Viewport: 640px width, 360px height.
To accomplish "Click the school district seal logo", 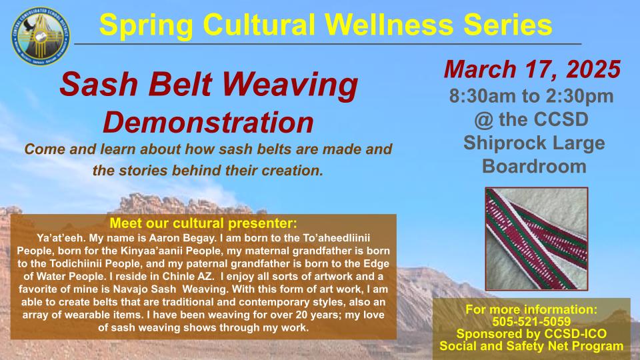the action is (41, 37).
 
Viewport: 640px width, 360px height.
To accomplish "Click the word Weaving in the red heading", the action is (290, 85).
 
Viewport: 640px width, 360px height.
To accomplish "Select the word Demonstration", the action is (208, 123).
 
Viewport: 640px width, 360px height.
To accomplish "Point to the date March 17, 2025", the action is (532, 69).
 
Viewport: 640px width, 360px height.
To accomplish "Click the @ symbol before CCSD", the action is (484, 119).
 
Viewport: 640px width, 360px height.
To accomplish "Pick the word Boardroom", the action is (534, 167).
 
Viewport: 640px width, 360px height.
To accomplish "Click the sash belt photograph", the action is (537, 239).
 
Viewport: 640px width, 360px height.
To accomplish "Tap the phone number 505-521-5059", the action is (531, 321).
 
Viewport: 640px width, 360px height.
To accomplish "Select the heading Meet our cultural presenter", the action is (203, 223).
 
